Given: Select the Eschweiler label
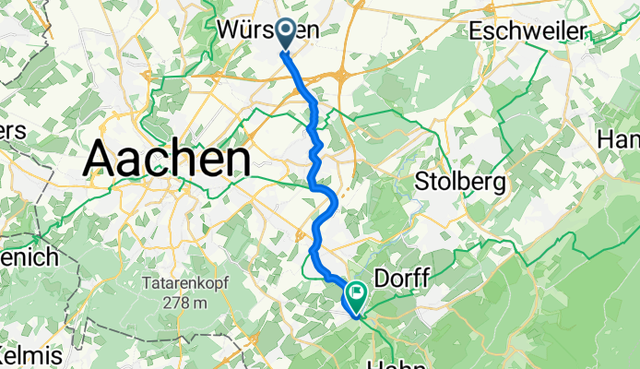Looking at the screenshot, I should point(527,31).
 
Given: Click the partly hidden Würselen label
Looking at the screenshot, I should point(267,30).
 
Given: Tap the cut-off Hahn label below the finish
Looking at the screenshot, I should point(398,363).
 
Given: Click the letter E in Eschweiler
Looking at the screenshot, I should point(475,31).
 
